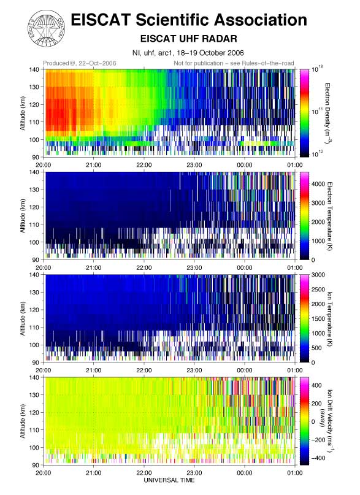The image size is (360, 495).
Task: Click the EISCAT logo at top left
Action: (x=47, y=28)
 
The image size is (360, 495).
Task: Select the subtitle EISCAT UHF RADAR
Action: (x=188, y=39)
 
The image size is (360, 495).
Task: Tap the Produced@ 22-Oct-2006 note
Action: (x=80, y=63)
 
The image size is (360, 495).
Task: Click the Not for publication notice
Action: (x=234, y=63)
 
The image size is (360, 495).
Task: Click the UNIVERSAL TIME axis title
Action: (x=169, y=480)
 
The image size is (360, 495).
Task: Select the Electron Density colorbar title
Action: (x=328, y=112)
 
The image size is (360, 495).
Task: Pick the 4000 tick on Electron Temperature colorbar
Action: (x=318, y=184)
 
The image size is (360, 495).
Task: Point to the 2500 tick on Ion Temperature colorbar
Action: (x=318, y=290)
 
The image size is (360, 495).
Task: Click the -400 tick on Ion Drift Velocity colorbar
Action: (x=317, y=458)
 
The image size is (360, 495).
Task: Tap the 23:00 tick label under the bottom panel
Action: (x=194, y=472)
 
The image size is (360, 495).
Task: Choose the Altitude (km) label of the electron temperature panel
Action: (x=23, y=216)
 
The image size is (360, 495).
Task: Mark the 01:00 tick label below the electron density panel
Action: (x=295, y=165)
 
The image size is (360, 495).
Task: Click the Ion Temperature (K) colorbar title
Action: (x=330, y=319)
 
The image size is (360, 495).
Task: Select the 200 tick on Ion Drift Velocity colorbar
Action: (x=317, y=404)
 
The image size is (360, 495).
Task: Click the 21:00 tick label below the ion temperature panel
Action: (x=94, y=370)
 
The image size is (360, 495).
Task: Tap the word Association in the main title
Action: (x=261, y=20)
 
